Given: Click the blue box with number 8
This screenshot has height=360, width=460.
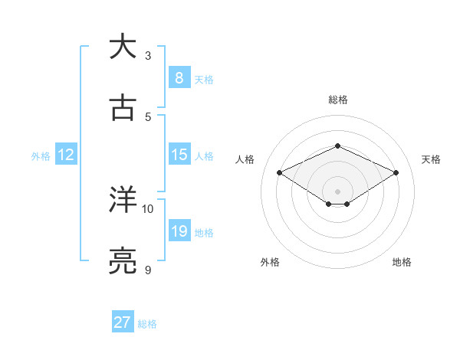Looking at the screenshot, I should click(179, 77).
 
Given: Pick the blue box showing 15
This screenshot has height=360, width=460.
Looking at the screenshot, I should click(179, 155).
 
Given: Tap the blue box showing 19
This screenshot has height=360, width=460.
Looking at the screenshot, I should click(179, 231).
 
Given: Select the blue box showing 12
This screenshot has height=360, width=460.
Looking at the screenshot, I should click(65, 155).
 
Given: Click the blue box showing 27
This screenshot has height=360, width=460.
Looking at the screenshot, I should click(123, 322).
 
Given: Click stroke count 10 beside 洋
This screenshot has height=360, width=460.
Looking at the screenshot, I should click(148, 208).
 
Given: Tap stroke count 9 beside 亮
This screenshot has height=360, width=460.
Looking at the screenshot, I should click(148, 270).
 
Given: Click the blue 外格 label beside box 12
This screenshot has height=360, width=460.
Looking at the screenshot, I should click(41, 155).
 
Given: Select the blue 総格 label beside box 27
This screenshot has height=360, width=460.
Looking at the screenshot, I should click(148, 324).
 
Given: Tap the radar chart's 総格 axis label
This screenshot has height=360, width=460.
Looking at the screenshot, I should click(337, 100).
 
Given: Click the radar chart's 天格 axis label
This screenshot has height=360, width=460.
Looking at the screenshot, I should click(431, 159).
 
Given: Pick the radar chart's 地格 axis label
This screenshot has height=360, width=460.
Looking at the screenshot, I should click(402, 262).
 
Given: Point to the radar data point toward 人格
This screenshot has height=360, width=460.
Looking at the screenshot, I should click(280, 172).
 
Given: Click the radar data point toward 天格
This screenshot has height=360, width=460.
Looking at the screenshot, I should click(396, 172).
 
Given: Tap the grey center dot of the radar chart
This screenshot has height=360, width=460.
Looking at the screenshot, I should click(337, 191).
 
